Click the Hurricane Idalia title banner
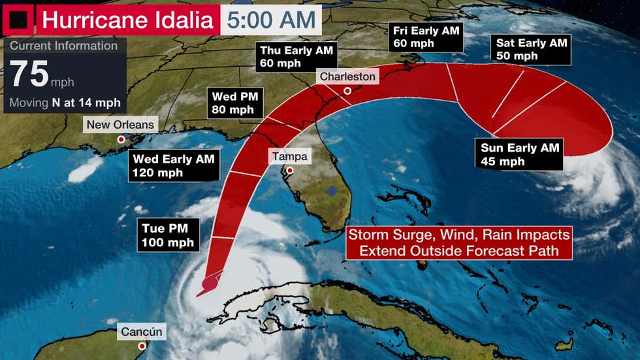click(127, 20)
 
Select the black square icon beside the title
click(18, 20)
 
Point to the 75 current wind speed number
click(28, 75)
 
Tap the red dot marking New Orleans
click(121, 139)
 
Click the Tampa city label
click(290, 157)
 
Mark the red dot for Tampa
click(289, 171)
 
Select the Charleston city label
click(347, 76)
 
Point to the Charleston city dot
click(348, 91)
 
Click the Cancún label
click(141, 332)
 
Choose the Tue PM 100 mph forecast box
click(167, 236)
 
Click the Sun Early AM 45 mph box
click(520, 155)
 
